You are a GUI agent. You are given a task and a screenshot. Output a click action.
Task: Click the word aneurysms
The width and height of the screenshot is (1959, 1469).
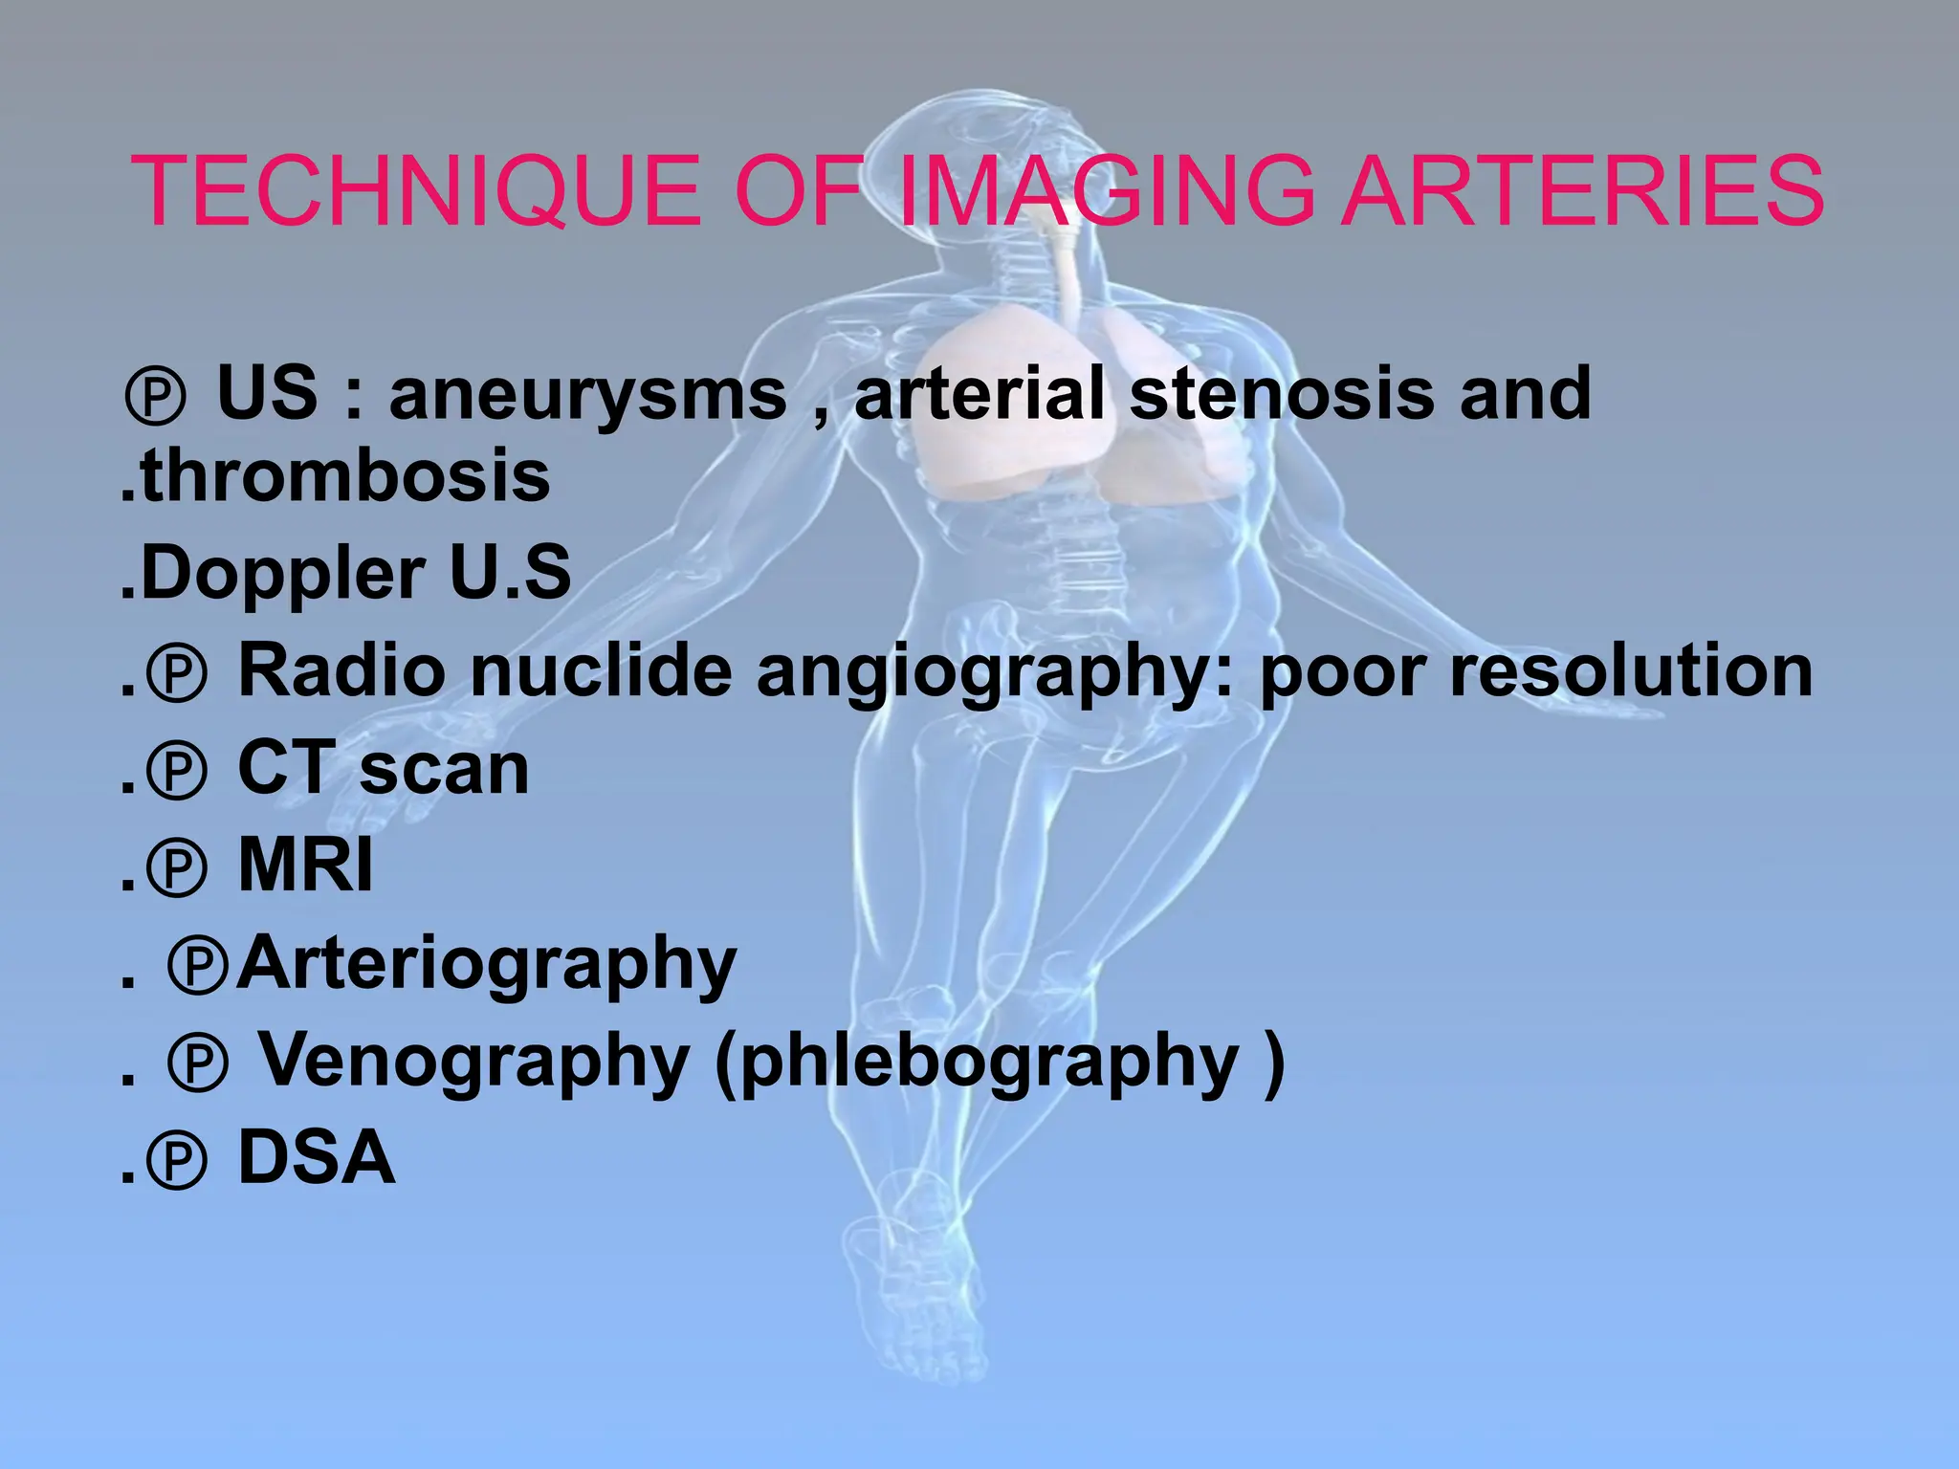tap(587, 395)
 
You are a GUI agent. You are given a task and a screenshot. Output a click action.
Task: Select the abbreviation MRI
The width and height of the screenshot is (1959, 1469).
tap(305, 866)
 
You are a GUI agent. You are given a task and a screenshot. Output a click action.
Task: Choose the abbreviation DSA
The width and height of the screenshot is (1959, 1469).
tap(316, 1158)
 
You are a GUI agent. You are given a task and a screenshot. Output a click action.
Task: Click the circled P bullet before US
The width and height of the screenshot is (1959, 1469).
tap(155, 398)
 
